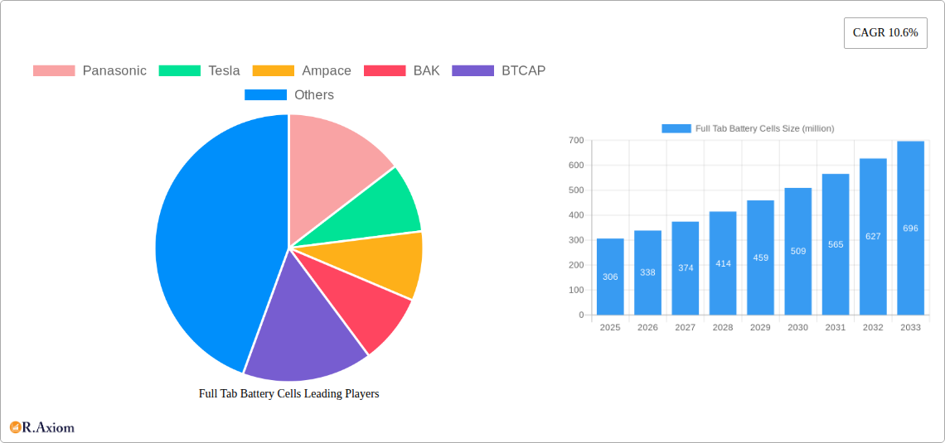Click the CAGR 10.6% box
(885, 33)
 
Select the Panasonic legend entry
(90, 70)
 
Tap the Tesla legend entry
(199, 70)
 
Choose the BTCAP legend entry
(499, 70)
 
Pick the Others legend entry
(289, 94)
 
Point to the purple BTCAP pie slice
(303, 339)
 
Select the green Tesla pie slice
(381, 207)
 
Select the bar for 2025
(610, 277)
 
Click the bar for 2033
(910, 229)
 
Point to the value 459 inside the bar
(760, 258)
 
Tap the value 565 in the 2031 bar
(836, 244)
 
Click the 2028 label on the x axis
(723, 327)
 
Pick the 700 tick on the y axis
(575, 141)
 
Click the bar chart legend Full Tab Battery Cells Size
(748, 128)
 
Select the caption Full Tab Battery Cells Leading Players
(288, 394)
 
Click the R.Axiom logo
(42, 427)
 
